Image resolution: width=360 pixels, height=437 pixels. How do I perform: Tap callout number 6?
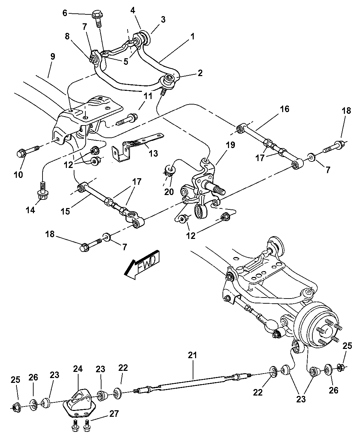[x=65, y=13]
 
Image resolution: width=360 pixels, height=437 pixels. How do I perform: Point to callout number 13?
[x=153, y=153]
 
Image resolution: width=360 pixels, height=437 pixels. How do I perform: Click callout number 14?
[x=31, y=209]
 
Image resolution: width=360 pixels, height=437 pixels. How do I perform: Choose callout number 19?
[x=230, y=145]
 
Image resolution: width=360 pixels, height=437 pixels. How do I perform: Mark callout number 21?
[x=193, y=355]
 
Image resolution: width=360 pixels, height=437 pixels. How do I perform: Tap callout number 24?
[x=78, y=369]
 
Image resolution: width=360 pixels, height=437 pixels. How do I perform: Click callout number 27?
[x=114, y=414]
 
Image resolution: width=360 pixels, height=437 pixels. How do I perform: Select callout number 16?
[x=285, y=109]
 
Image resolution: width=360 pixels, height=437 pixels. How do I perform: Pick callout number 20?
[x=169, y=192]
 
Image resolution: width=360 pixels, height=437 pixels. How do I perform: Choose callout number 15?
[x=65, y=211]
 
